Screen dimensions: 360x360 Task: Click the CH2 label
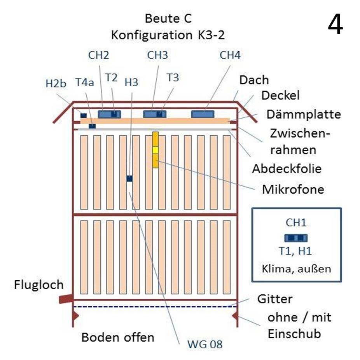pos(98,55)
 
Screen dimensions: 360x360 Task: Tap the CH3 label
pos(157,55)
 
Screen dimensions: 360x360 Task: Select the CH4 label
pos(230,55)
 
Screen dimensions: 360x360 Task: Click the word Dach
pos(254,80)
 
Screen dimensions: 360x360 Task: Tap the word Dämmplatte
pos(304,115)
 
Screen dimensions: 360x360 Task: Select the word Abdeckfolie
pos(287,169)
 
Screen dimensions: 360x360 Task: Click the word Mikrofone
pos(293,190)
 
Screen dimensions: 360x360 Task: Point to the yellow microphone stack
pos(156,150)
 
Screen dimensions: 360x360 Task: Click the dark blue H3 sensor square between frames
pos(129,178)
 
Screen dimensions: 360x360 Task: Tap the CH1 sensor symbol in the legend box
pos(296,238)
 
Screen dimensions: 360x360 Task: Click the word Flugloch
pos(38,285)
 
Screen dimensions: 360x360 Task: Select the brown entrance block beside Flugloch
pos(66,299)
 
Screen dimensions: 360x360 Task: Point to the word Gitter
pos(275,299)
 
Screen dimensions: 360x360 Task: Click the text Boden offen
pos(118,337)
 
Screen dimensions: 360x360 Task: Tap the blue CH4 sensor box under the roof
pos(203,114)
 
